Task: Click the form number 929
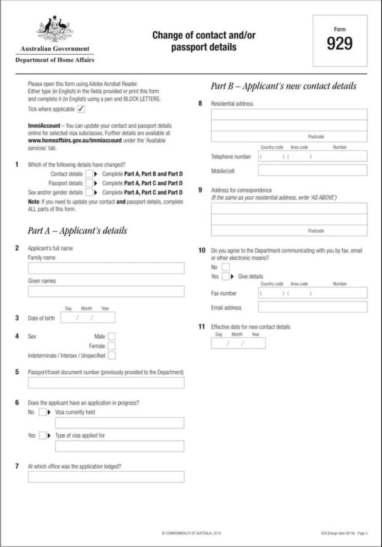[x=340, y=44]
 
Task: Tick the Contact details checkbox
[x=89, y=174]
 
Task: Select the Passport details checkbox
[x=89, y=183]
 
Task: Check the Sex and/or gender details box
[x=89, y=192]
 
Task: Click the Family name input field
[x=106, y=268]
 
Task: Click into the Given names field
[x=106, y=292]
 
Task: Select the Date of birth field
[x=88, y=317]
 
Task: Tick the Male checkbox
[x=112, y=336]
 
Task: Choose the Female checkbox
[x=112, y=346]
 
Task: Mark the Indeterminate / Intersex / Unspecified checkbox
[x=112, y=355]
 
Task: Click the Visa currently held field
[x=119, y=423]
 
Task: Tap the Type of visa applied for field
[x=119, y=446]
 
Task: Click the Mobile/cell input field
[x=312, y=170]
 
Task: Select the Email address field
[x=312, y=307]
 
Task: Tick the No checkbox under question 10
[x=226, y=267]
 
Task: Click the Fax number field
[x=312, y=293]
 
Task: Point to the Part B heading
[x=284, y=86]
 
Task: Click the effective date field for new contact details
[x=238, y=343]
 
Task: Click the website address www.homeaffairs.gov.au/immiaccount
[x=75, y=141]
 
